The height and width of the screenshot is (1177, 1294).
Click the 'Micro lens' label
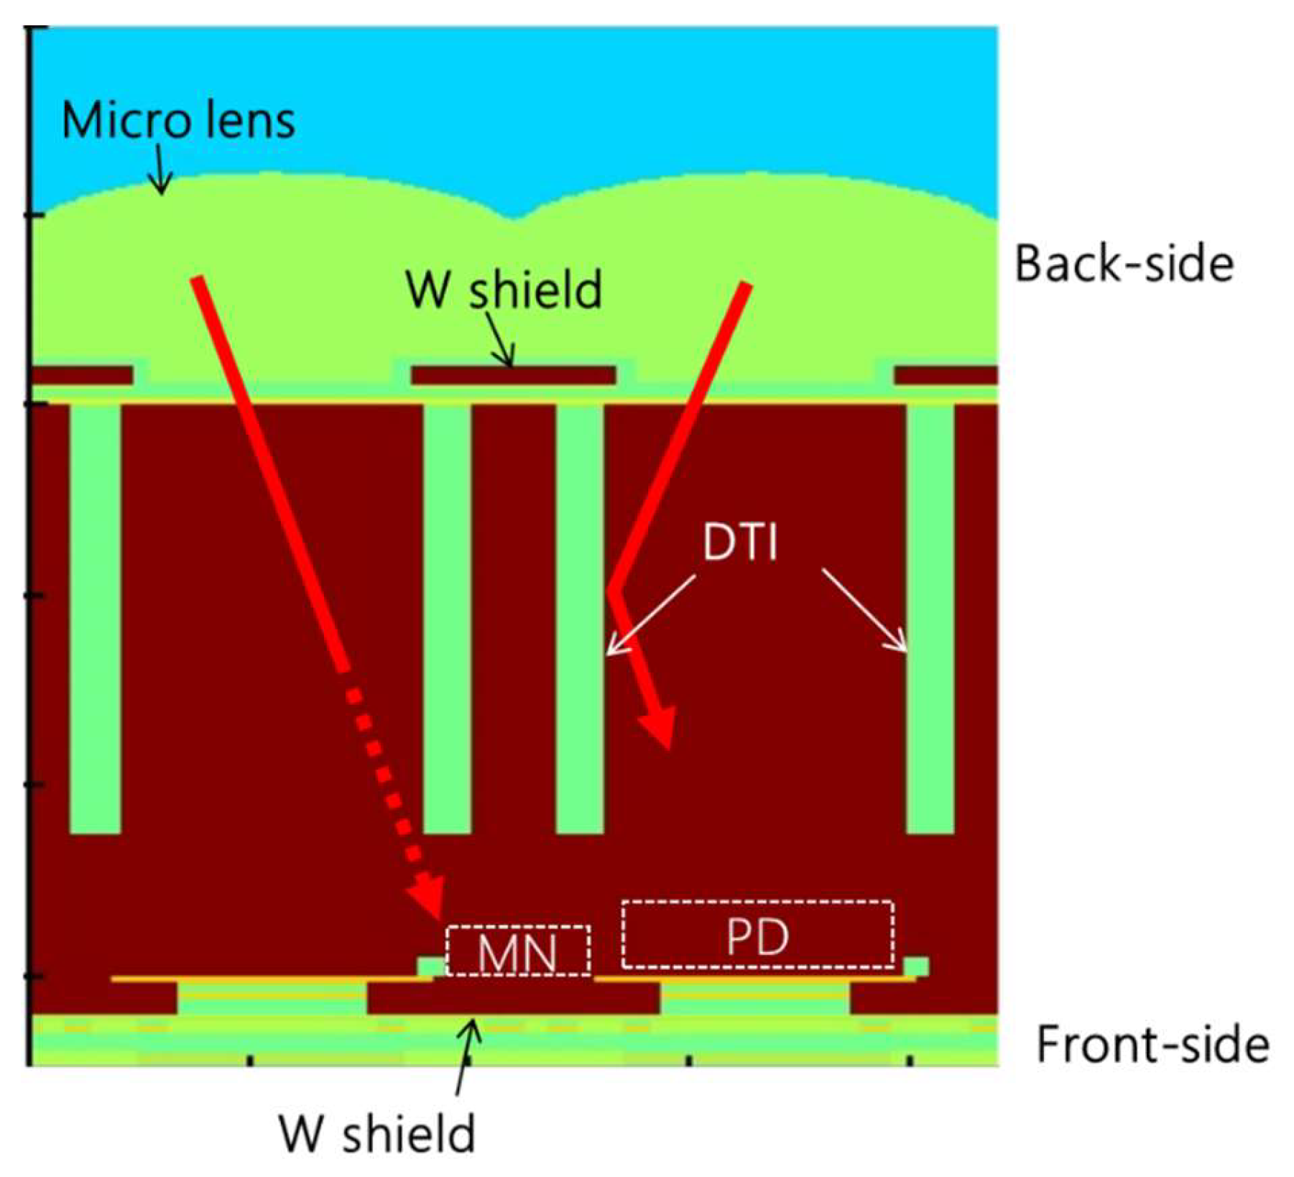[178, 120]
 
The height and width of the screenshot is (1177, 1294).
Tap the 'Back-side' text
[1124, 264]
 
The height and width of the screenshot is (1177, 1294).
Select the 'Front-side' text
[1152, 1044]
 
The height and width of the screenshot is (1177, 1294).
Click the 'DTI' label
[740, 542]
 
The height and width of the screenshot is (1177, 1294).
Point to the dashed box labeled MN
[518, 951]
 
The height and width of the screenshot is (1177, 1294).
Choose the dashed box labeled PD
[758, 934]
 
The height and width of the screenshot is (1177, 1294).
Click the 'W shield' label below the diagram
[377, 1134]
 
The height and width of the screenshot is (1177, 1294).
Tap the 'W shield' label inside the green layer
[504, 290]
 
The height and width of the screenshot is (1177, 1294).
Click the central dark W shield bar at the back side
[513, 375]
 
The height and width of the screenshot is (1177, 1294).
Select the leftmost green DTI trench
[96, 618]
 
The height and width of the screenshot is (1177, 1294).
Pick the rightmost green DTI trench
[930, 618]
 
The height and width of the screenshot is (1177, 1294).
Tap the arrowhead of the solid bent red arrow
[660, 729]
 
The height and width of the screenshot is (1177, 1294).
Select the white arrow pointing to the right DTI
[866, 611]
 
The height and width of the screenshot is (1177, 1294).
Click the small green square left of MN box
[430, 966]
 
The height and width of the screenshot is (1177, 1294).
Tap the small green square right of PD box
[916, 966]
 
